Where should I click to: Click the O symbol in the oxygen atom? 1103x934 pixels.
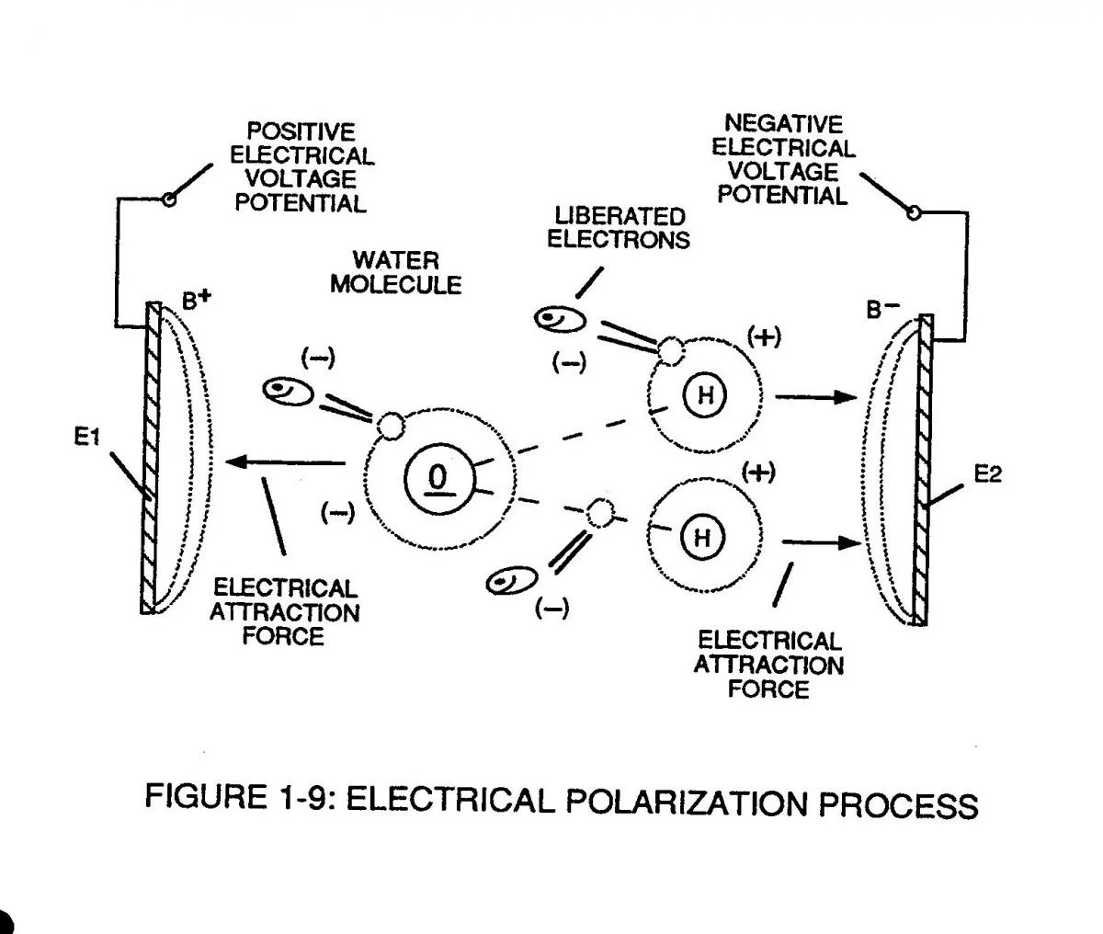pos(438,478)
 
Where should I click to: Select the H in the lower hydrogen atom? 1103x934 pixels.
pos(702,537)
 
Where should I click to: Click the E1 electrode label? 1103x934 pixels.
pos(86,439)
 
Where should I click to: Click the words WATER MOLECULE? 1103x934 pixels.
pos(395,273)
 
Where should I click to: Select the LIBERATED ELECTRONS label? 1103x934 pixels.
pos(619,228)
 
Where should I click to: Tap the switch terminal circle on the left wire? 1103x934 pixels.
pos(168,199)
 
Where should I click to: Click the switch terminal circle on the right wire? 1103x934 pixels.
pos(913,213)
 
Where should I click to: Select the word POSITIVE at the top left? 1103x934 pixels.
pos(301,132)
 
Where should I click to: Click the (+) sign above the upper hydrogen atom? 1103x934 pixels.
pos(764,336)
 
